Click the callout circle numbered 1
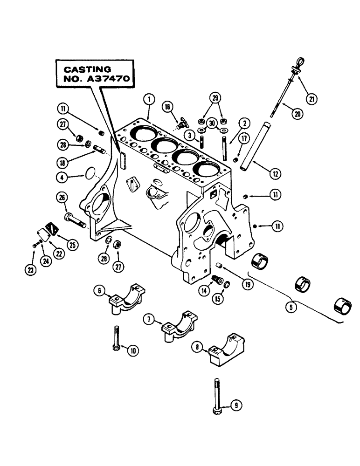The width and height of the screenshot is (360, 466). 148,99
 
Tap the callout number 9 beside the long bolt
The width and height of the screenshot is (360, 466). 236,405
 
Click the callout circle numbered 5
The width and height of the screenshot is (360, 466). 292,308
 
